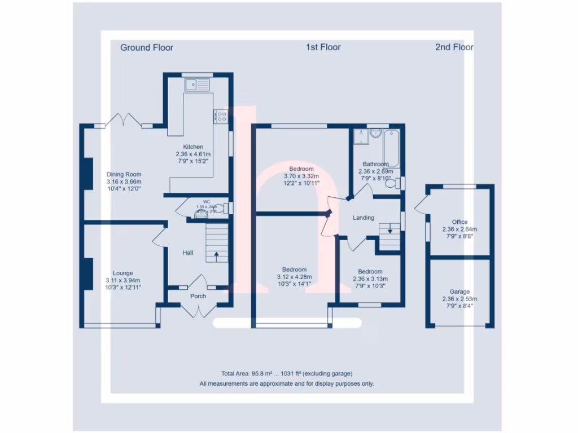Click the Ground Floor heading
(x=147, y=47)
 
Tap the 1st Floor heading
(x=323, y=47)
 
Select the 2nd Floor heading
(x=454, y=47)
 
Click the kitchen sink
(x=196, y=85)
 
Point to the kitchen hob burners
(x=220, y=117)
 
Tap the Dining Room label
(x=124, y=174)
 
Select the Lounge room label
(x=122, y=273)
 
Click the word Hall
(x=188, y=253)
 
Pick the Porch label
(x=198, y=296)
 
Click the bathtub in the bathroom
(x=391, y=147)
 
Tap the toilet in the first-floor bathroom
(x=398, y=183)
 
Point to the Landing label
(x=364, y=218)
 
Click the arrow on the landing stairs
(x=389, y=231)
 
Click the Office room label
(x=459, y=222)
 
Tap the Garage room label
(x=459, y=291)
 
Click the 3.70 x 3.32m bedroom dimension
(x=301, y=176)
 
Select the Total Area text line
(x=287, y=373)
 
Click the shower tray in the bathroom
(x=360, y=137)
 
